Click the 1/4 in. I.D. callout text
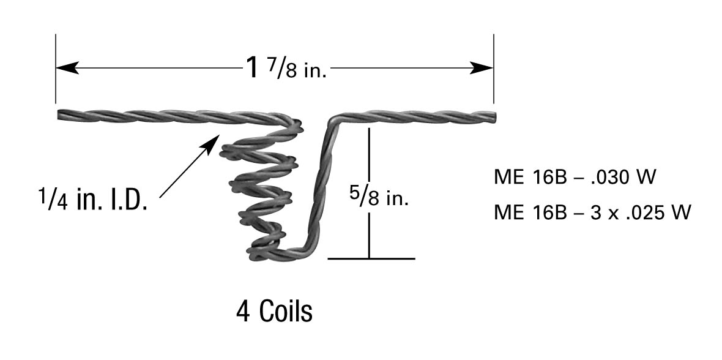coord(92,199)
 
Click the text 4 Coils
coord(274,312)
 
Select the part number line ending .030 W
coord(575,178)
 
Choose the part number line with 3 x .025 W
coord(592,212)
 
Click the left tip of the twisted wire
coord(60,114)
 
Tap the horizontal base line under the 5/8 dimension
coord(371,258)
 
